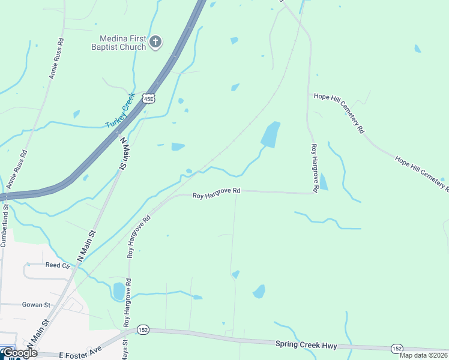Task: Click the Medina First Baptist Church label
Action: tap(118, 42)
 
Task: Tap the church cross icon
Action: tap(155, 41)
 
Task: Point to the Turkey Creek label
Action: tap(120, 115)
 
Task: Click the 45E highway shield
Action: tap(149, 98)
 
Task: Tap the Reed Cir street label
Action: tap(58, 265)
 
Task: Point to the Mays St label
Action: tap(124, 350)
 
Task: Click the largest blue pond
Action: tap(271, 134)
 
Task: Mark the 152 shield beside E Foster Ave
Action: tap(143, 330)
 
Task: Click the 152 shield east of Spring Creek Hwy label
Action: tap(397, 348)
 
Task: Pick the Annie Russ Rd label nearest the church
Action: tap(56, 61)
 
